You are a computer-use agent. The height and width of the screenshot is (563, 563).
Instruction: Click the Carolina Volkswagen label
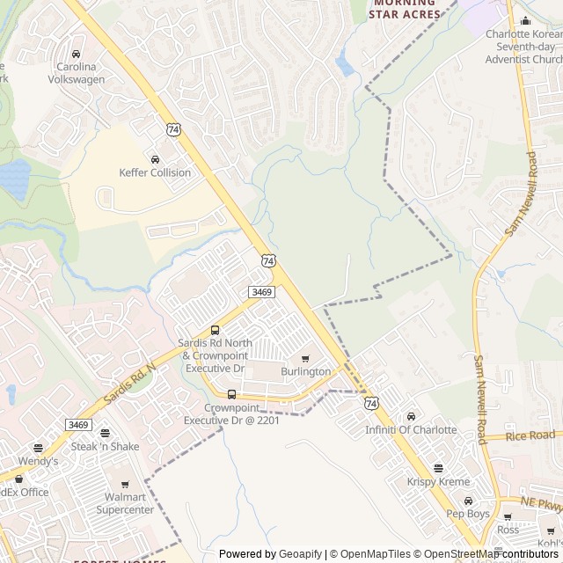[80, 72]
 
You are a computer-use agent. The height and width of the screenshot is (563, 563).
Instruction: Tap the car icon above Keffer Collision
[155, 159]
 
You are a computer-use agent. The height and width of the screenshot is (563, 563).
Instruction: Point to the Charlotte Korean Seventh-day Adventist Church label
[523, 47]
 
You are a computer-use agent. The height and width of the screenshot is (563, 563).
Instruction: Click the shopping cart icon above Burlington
[305, 358]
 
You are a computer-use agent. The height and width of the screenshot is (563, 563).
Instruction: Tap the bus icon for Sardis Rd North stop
[216, 331]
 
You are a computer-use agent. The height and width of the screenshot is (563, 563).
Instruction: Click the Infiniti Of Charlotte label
[411, 429]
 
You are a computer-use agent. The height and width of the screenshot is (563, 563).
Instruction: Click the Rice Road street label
[530, 435]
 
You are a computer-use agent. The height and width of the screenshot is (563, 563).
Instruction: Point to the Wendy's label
[38, 460]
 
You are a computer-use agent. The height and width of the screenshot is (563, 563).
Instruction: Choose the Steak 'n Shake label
[105, 447]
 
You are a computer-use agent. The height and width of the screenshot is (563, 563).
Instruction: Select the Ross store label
[508, 530]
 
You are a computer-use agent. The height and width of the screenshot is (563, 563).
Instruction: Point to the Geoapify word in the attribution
[299, 553]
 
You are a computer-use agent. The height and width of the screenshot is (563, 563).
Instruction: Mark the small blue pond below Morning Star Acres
[344, 65]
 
